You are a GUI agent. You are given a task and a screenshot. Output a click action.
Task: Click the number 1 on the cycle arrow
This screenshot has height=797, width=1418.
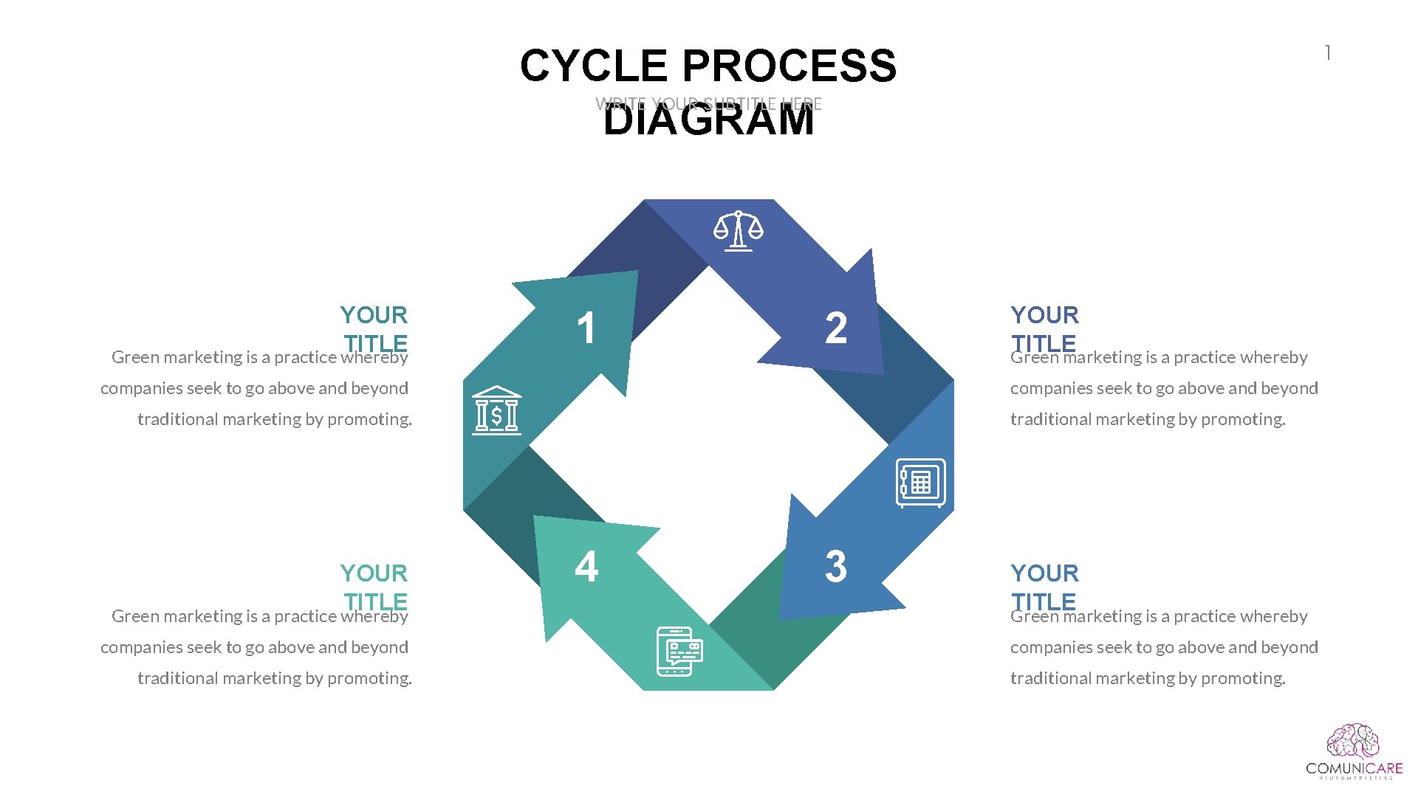(586, 328)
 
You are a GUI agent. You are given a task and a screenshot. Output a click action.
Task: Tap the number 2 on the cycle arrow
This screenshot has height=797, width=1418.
(836, 328)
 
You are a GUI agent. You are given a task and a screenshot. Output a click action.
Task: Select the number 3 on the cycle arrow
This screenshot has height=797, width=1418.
(836, 567)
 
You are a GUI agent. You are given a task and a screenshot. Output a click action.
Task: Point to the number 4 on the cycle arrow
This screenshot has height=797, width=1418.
(586, 567)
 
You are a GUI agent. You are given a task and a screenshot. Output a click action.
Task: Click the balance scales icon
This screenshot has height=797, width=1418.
(739, 231)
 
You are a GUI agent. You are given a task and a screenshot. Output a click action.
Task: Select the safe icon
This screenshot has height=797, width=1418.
(920, 483)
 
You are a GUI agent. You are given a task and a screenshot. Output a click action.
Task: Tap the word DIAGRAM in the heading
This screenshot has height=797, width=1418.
(708, 120)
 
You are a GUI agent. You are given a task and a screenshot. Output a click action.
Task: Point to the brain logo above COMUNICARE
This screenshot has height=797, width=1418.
(1353, 742)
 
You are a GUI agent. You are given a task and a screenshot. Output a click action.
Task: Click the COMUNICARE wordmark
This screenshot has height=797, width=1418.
(1354, 769)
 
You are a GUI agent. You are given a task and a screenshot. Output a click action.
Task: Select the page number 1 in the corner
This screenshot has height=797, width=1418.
(1328, 53)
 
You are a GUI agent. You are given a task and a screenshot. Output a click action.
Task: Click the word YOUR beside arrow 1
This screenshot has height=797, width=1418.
(374, 315)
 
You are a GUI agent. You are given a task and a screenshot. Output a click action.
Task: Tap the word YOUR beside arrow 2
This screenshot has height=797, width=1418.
(1044, 315)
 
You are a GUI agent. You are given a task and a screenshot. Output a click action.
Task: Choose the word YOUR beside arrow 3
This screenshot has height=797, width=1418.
(1044, 573)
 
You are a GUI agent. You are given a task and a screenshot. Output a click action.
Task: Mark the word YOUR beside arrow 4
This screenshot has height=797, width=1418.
(374, 573)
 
